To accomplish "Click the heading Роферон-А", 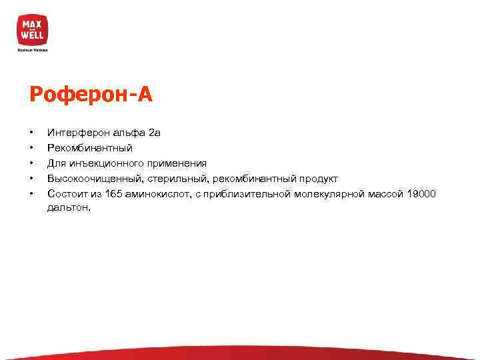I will tap(91, 95).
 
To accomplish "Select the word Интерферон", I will tap(75, 133).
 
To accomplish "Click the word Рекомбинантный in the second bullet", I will tap(90, 148).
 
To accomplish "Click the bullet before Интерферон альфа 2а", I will tap(31, 133).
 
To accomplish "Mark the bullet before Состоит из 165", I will tap(31, 194).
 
